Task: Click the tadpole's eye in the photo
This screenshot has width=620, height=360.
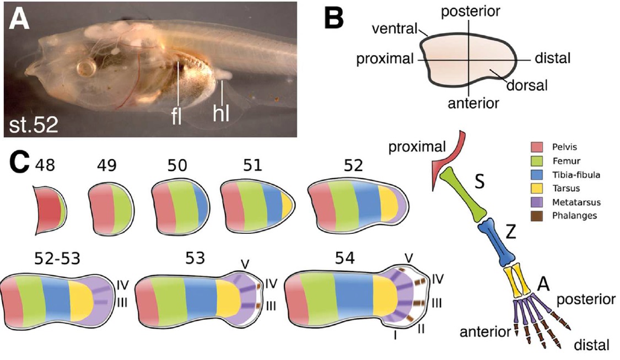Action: (x=86, y=69)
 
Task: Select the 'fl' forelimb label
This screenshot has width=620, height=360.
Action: (x=177, y=117)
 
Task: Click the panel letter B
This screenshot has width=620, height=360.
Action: (x=333, y=19)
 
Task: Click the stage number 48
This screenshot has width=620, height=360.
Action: (x=46, y=165)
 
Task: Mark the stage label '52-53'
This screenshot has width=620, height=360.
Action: (x=53, y=259)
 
